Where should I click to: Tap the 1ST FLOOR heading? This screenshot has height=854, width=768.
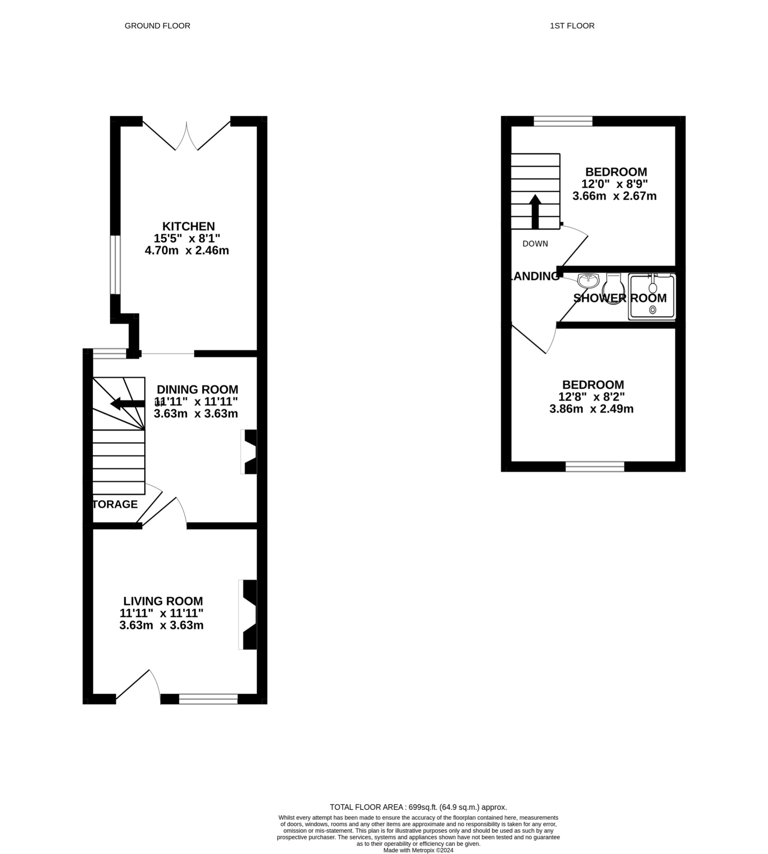pos(572,26)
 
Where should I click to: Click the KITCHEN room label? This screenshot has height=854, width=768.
pos(188,226)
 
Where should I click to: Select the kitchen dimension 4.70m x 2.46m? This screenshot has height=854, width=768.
pos(186,251)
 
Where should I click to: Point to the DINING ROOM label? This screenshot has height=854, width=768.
pos(197,389)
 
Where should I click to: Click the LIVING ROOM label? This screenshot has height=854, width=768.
pos(163,601)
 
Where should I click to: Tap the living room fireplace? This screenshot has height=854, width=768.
pos(249,615)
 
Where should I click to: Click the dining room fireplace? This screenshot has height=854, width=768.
pos(250,452)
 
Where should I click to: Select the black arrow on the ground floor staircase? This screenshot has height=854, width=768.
pos(127,404)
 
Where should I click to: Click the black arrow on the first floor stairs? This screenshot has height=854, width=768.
pos(535,211)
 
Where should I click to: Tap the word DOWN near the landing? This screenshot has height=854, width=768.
pos(535,244)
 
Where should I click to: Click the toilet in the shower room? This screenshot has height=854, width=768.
pos(613,289)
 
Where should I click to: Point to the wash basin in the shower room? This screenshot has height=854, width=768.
pos(588,280)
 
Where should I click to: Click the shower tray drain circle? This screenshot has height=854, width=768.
pos(653,310)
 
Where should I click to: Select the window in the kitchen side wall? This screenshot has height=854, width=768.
pos(115,264)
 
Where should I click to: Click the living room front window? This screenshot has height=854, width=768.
pos(208,699)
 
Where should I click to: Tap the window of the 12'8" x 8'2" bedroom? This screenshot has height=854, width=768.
pos(595,466)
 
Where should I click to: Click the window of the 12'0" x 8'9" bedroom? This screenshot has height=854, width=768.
pos(563,121)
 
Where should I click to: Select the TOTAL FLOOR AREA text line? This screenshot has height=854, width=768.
pos(418,807)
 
